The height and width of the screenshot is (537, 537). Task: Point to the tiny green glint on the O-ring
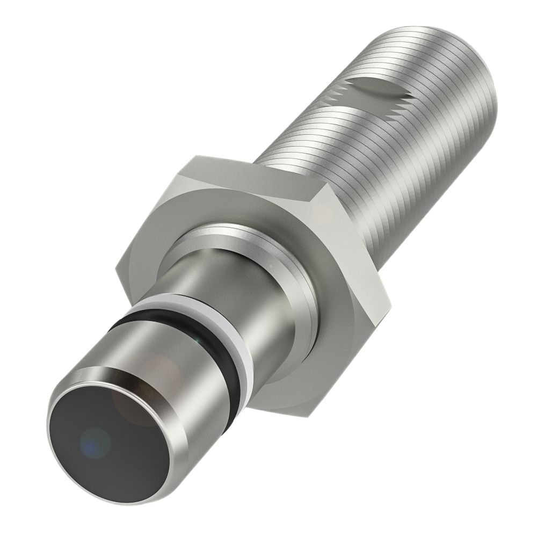198,339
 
